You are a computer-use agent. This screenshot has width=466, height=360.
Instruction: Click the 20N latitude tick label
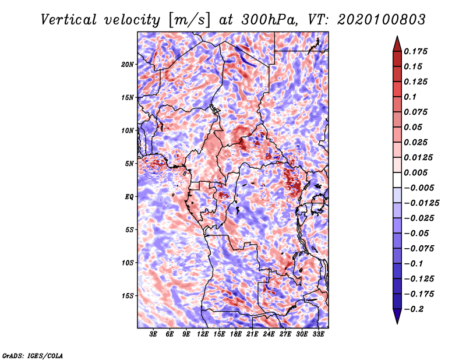128,65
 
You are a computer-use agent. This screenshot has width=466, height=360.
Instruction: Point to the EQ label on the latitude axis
129,197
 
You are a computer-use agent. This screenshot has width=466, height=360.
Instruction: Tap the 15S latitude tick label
128,296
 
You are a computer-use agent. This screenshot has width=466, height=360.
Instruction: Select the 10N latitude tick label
128,130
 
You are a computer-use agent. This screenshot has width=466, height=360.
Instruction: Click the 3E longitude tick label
153,334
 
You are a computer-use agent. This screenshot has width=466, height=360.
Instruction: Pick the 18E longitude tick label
236,334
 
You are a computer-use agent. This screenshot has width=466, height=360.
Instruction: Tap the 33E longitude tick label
318,334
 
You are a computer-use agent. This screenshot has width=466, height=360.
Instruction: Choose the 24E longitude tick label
269,334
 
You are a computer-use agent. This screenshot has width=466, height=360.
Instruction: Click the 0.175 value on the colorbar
416,51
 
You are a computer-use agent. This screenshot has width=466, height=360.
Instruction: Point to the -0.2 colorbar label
414,309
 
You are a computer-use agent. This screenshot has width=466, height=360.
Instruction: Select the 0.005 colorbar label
416,172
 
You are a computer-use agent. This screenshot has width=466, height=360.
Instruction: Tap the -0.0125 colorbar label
421,203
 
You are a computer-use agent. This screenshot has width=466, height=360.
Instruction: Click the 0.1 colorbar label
410,97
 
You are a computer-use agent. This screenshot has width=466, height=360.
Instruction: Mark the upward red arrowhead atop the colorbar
397,44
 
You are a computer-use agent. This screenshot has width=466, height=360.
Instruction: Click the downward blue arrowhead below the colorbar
397,316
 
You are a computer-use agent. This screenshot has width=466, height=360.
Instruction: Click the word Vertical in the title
69,20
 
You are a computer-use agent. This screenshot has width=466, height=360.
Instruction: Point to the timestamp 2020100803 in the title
382,20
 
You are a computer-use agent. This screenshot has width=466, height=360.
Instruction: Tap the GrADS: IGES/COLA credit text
33,355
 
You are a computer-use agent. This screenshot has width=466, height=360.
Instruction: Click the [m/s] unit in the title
189,20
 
